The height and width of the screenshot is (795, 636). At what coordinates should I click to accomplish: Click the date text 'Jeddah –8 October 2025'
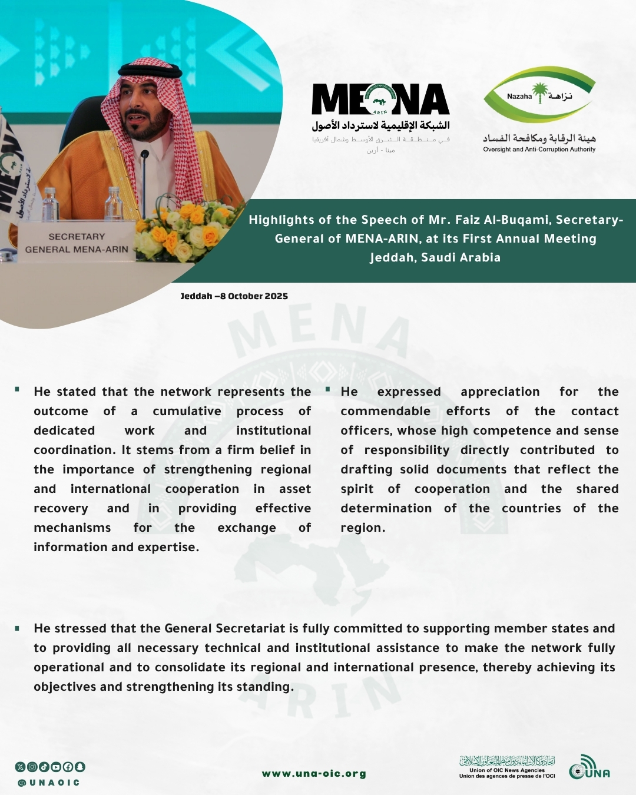234,296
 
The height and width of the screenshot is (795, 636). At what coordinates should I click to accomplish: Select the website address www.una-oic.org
314,774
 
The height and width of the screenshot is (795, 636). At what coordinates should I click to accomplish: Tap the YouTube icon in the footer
55,767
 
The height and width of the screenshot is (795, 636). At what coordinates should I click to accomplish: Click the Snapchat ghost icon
80,767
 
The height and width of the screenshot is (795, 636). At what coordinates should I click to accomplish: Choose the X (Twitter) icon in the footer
20,767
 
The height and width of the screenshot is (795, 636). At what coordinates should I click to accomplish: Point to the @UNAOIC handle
48,783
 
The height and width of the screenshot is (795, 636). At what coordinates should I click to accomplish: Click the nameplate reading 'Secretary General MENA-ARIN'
76,243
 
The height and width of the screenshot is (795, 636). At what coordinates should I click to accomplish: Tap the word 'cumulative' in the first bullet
187,411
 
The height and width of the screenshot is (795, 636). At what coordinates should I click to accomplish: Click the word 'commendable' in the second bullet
385,411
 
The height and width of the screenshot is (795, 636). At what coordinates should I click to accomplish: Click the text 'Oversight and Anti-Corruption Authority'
539,150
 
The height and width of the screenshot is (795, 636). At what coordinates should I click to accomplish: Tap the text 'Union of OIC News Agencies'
507,770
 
